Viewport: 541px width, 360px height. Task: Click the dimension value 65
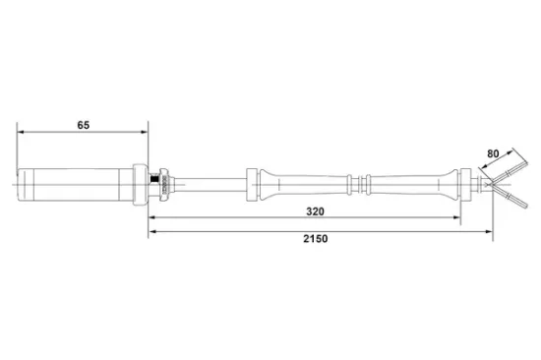coord(84,125)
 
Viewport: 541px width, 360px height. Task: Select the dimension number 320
coord(316,210)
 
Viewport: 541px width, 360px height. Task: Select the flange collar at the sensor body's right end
coord(140,183)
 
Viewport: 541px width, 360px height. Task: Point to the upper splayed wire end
coord(511,174)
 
